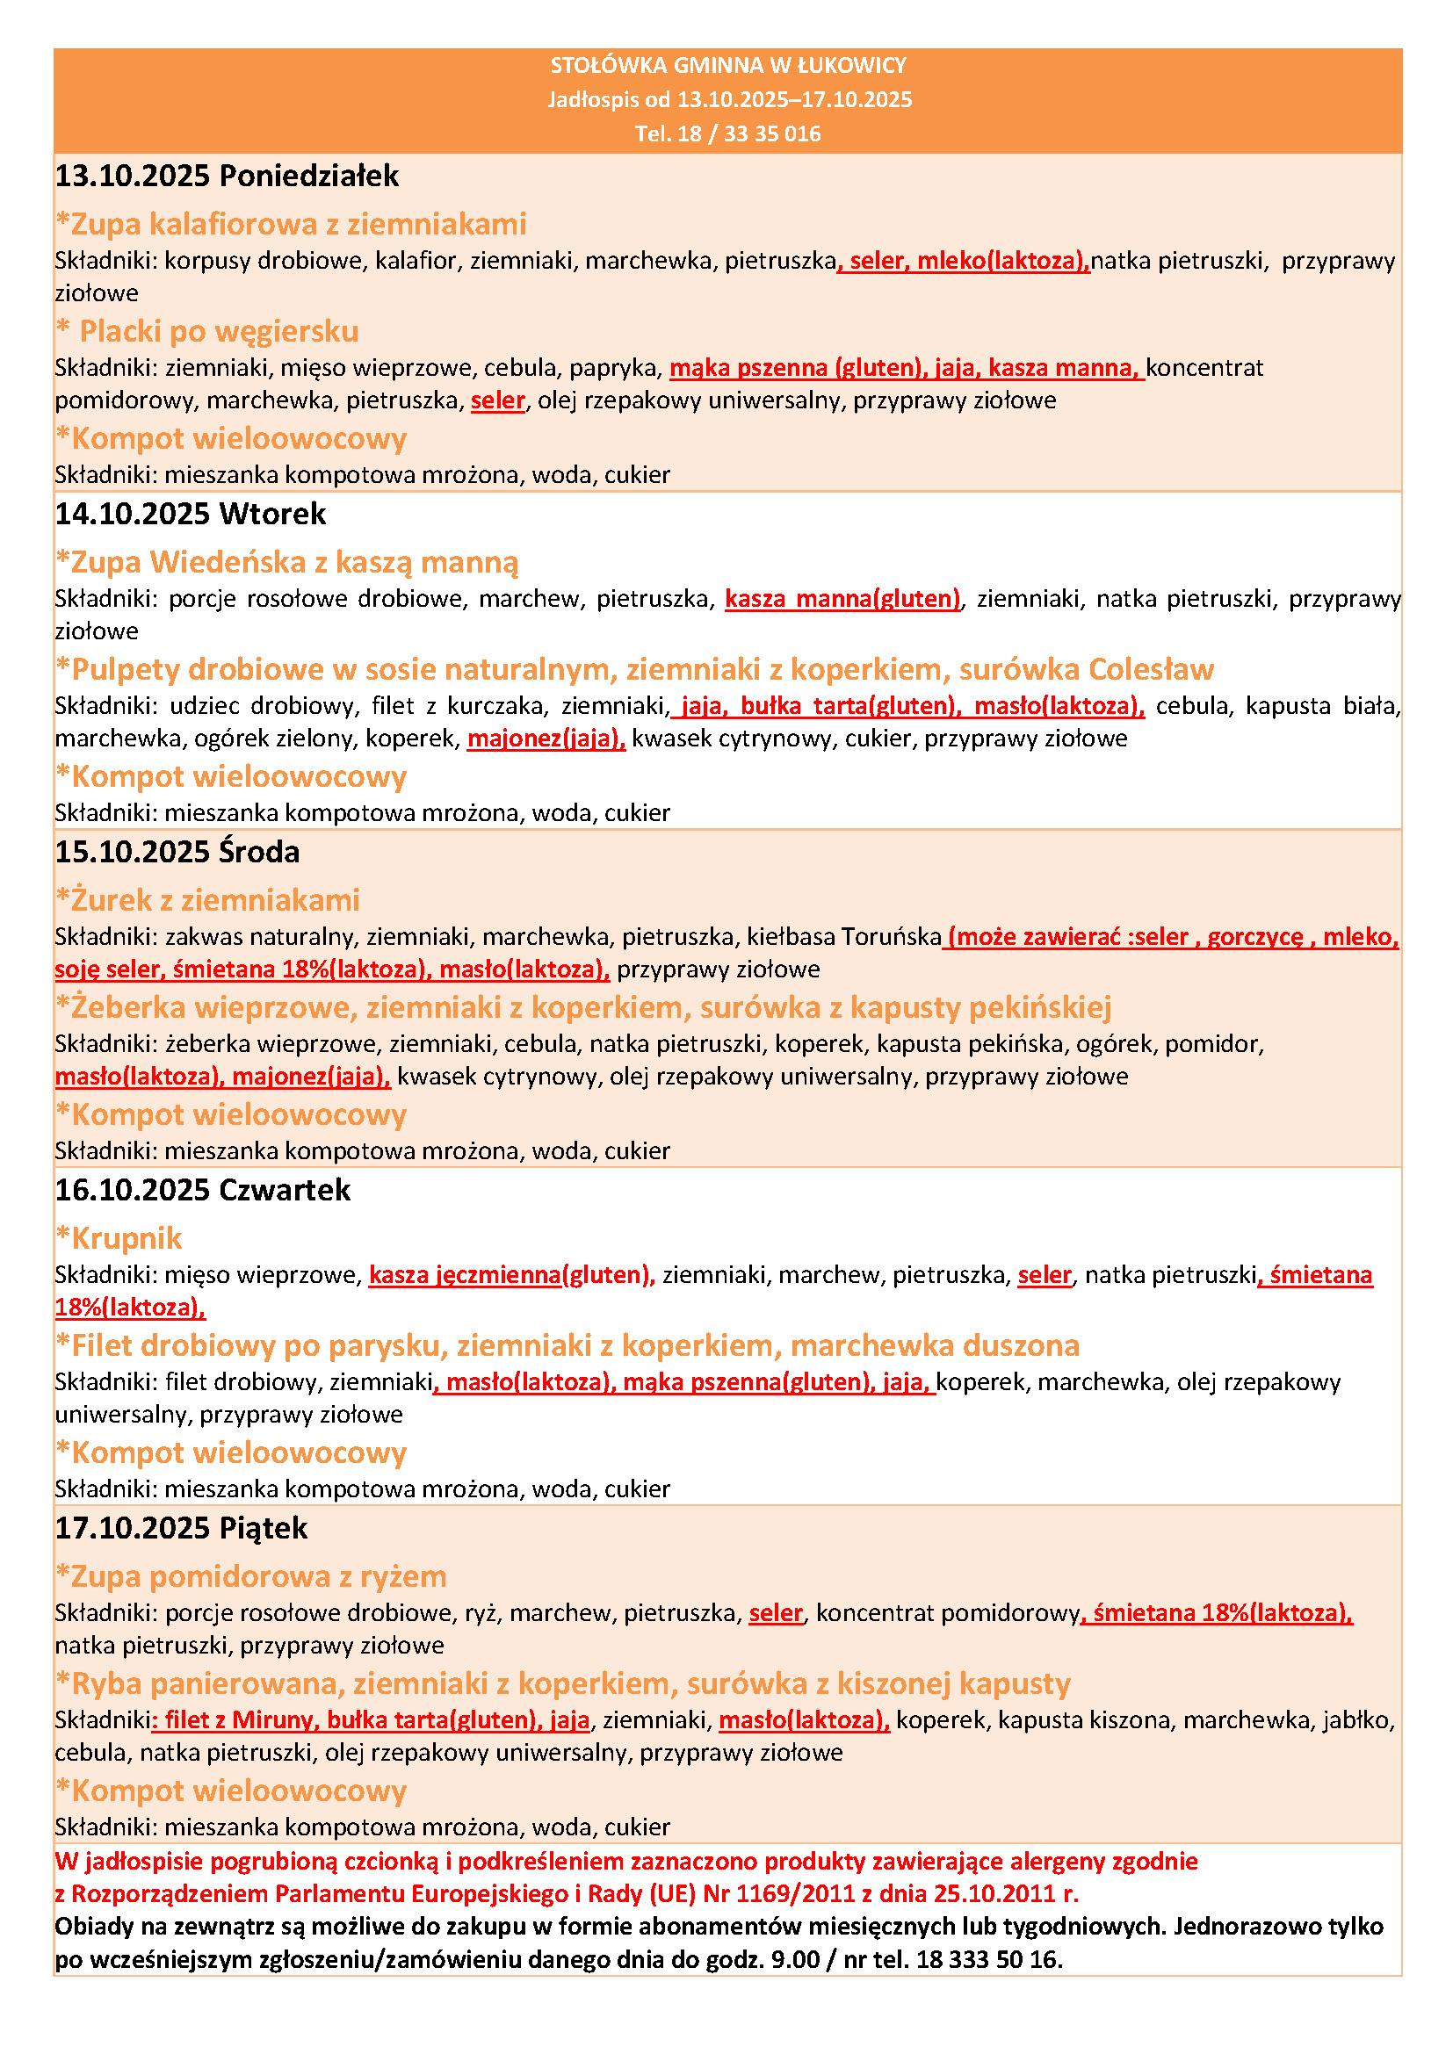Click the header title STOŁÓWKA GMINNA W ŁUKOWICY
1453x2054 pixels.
727,65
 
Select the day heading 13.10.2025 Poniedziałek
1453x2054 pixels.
227,176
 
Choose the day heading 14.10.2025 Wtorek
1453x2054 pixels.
191,514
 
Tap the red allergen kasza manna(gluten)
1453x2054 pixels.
842,599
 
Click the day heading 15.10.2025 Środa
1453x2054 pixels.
177,852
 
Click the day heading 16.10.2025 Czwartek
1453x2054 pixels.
202,1190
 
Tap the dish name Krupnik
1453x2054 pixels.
127,1238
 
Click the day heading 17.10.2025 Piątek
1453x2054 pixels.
181,1528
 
